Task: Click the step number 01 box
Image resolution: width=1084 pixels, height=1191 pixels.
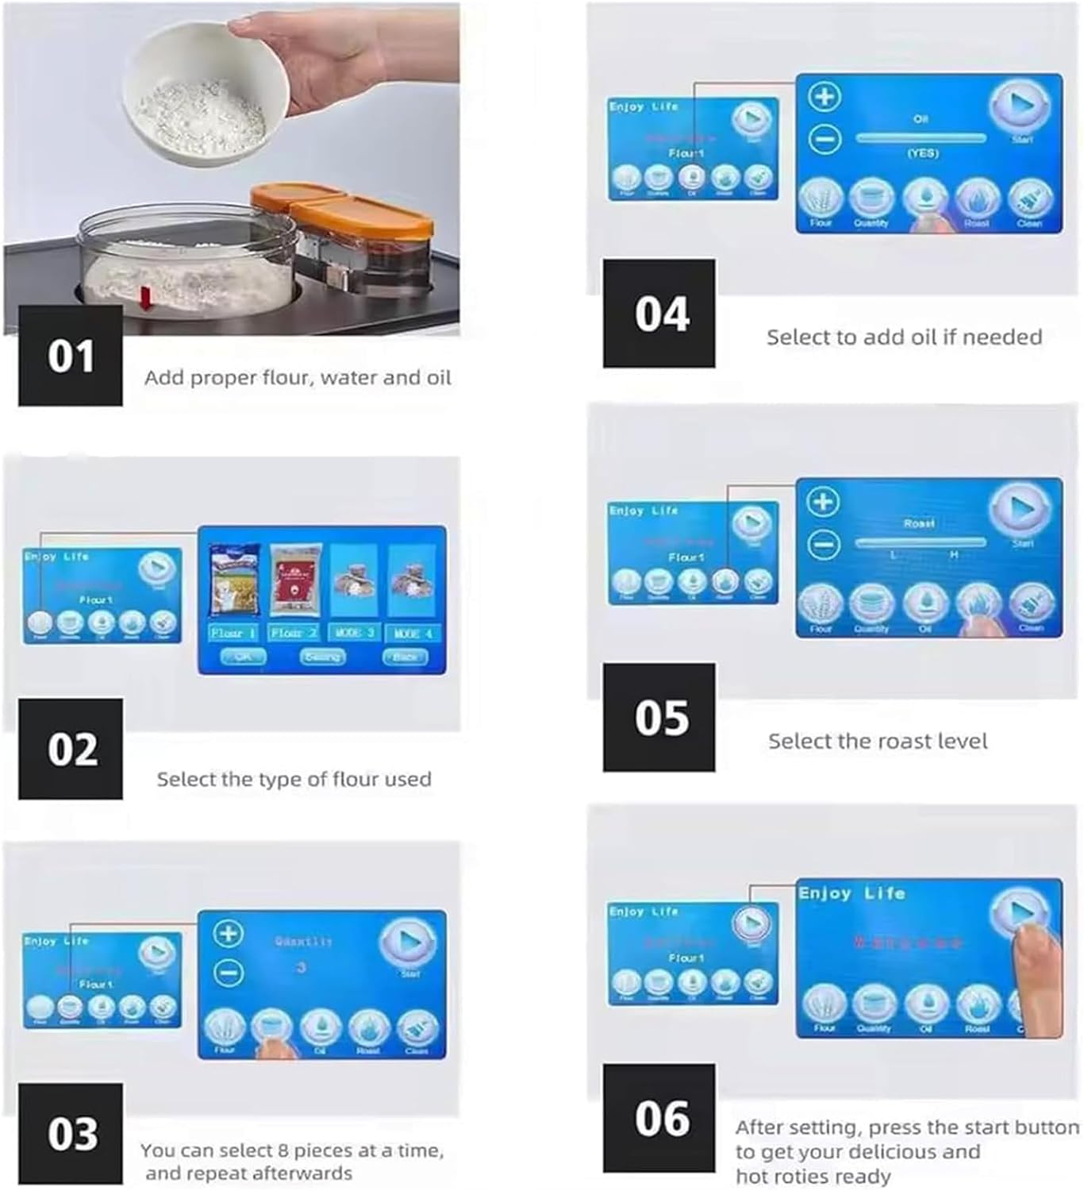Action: coord(71,356)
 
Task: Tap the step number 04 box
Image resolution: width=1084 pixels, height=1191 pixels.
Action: coord(659,314)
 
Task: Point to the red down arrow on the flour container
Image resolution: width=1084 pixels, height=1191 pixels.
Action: coord(146,299)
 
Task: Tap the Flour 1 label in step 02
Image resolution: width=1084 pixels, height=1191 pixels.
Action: coord(233,633)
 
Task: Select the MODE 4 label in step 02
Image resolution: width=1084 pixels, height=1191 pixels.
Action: coord(413,633)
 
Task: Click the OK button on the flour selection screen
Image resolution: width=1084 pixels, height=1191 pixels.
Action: coord(242,657)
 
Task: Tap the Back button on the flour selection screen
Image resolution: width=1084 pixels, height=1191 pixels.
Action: coord(405,657)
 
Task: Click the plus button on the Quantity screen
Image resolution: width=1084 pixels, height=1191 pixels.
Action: coord(229,934)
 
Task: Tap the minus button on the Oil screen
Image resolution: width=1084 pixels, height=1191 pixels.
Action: coord(825,140)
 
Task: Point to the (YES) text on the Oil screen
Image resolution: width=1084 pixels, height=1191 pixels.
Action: coord(922,153)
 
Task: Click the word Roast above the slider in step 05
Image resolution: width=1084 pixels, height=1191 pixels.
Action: coord(919,524)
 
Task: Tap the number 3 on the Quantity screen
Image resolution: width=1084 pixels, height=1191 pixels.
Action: coord(302,968)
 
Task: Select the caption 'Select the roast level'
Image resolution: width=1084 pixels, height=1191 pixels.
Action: coord(878,742)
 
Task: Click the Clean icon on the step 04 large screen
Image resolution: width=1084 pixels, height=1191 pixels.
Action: coord(1029,201)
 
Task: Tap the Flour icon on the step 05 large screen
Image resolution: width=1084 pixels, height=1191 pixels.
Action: coord(821,606)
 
